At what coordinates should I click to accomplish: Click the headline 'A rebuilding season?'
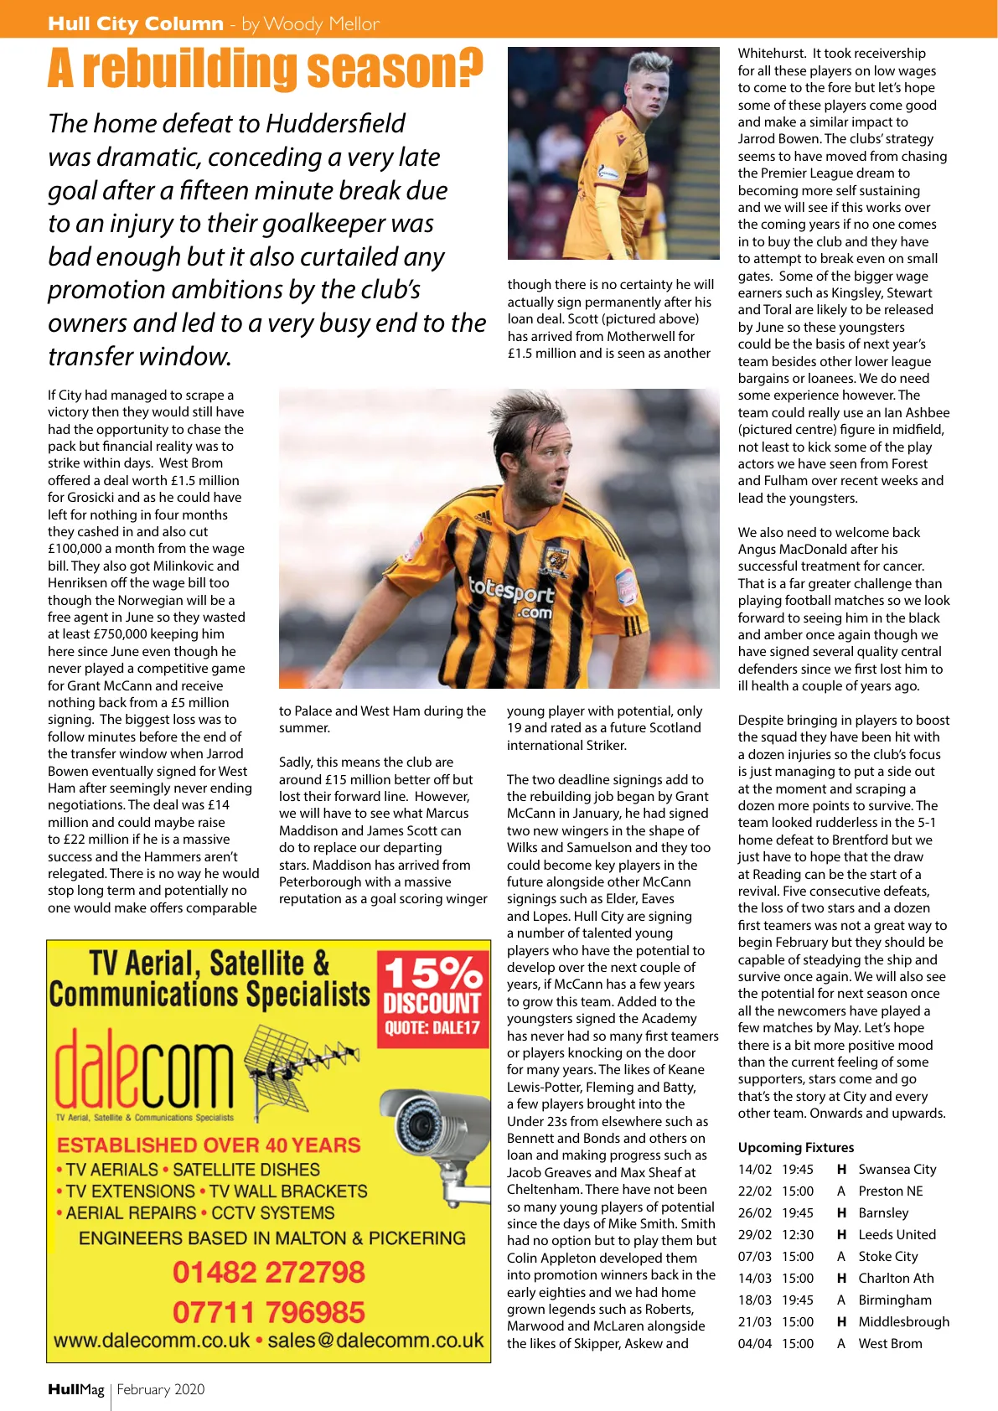coord(265,69)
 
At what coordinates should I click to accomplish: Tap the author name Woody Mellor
coord(321,23)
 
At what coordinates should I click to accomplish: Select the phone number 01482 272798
coord(269,1272)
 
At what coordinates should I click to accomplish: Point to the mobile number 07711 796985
coord(269,1311)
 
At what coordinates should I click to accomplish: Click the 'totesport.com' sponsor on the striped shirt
coord(512,597)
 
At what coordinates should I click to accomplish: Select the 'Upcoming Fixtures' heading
coord(796,1147)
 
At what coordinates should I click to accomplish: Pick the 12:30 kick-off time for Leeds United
coord(798,1234)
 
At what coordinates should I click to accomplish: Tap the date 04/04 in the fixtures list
coord(754,1343)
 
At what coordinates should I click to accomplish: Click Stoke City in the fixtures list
coord(888,1256)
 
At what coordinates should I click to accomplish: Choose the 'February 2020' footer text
coord(161,1389)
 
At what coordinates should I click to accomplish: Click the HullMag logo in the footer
coord(76,1389)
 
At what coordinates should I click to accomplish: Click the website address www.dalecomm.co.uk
coord(152,1340)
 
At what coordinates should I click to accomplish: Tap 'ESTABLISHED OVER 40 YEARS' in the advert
coord(209,1145)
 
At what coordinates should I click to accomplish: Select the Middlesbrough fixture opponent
coord(903,1321)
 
